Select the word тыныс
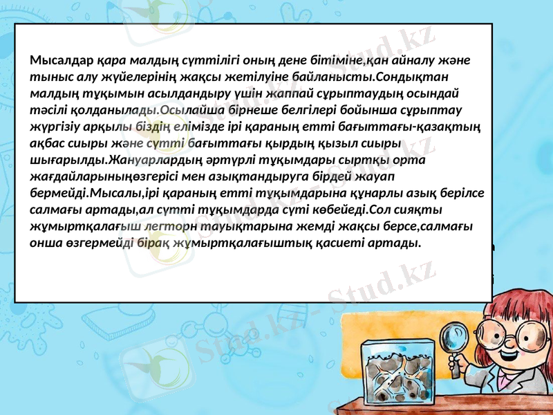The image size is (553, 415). click(x=48, y=75)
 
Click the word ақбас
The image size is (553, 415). click(x=48, y=142)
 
